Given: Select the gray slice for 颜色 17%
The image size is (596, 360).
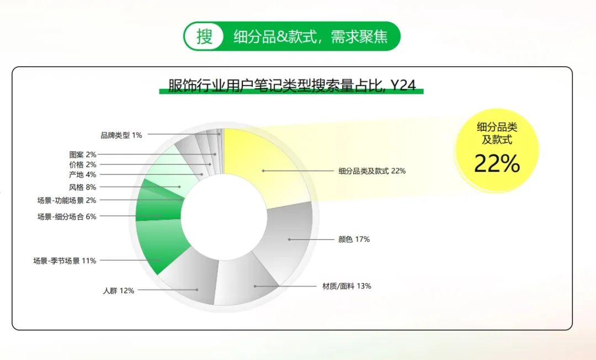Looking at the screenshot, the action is pos(289,240).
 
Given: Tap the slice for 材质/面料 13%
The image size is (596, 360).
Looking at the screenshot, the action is pos(247,281).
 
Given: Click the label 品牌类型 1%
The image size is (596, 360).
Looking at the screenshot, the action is pos(121,135).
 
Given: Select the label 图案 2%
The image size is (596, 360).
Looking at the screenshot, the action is pos(82,155).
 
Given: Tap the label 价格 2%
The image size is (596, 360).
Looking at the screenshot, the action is pos(82,165).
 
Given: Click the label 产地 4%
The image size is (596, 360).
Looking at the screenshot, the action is pos(82,175).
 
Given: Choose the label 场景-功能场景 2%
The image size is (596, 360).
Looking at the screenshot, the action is pos(67,200).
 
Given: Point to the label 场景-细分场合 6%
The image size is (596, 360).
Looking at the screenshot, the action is pos(67,216).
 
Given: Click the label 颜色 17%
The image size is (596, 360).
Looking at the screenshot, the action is pos(354,240).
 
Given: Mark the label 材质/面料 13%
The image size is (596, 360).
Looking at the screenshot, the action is pos(347,286).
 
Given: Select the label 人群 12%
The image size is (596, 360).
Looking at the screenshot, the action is pos(119,291).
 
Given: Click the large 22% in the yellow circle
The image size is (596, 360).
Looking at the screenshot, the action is pos(497,163).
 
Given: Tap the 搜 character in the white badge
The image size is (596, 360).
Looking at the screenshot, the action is pos(205,36).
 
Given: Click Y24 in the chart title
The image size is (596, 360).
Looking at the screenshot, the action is pos(403,86).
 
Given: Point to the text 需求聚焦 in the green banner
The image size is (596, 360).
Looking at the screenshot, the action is pos(359,37).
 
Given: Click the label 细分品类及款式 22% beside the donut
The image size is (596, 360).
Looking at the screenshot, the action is pos(372,171).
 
